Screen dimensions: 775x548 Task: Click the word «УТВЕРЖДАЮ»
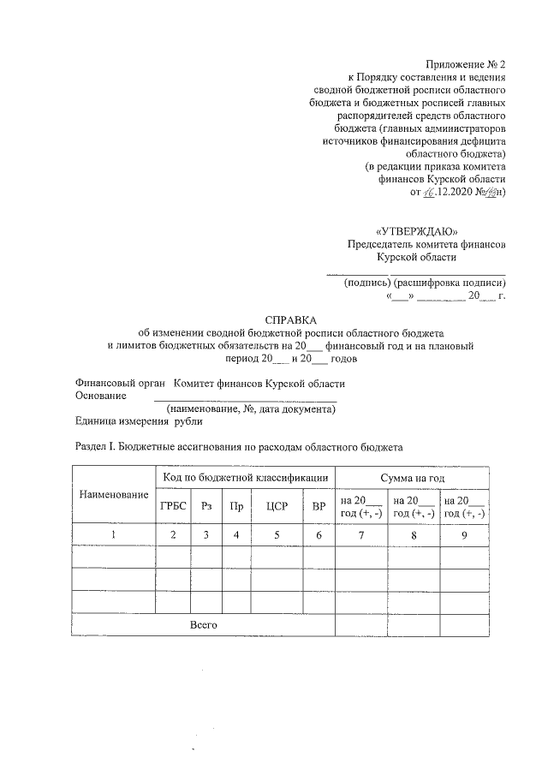411,230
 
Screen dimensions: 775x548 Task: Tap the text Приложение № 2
467,64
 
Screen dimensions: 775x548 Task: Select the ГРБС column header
173,506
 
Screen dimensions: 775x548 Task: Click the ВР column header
319,506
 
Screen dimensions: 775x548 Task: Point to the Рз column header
206,506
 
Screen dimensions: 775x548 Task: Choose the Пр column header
236,506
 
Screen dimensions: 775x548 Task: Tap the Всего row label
203,625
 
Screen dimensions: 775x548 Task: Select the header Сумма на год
413,477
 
